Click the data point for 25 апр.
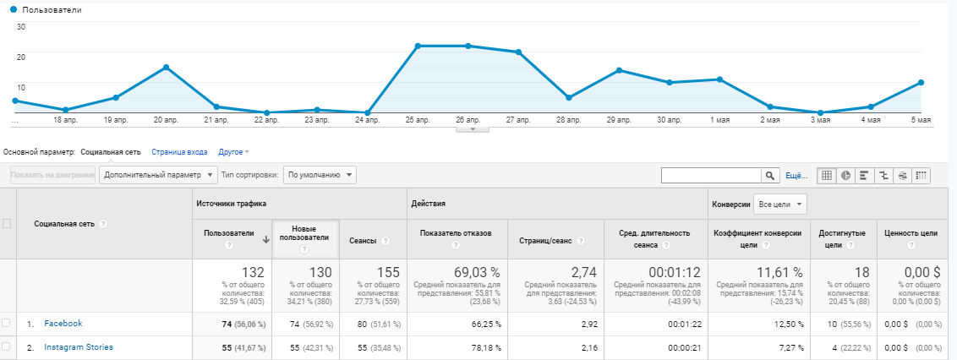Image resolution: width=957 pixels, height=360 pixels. click(x=418, y=46)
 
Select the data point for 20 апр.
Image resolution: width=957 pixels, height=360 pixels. click(x=166, y=67)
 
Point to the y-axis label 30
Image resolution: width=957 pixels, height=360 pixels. click(x=21, y=27)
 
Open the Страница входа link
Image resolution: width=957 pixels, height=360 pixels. click(x=179, y=152)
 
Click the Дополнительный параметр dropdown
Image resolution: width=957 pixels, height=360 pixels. click(x=158, y=175)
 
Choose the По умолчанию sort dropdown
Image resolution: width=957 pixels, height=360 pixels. click(x=320, y=175)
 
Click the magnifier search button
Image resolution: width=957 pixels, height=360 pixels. click(x=770, y=176)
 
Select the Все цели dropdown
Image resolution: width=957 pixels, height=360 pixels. click(x=780, y=205)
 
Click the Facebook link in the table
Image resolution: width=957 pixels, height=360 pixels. click(x=63, y=324)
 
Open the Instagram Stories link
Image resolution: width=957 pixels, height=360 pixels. click(x=78, y=347)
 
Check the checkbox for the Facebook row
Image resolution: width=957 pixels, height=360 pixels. click(x=6, y=324)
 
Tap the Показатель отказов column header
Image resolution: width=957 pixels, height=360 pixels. click(x=456, y=233)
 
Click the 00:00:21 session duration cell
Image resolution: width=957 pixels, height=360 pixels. click(x=685, y=348)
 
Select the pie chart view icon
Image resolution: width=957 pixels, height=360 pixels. click(x=846, y=176)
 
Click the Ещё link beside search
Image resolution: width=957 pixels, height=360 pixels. click(x=796, y=176)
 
